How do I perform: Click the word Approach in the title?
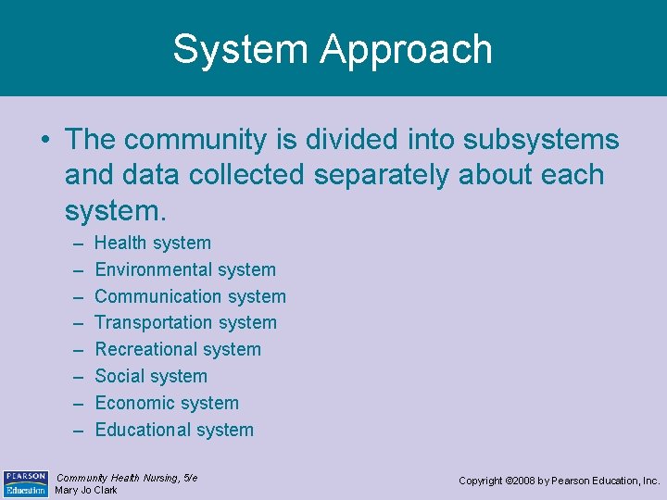coord(407,51)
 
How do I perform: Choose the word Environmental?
coord(153,269)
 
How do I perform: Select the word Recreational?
coord(145,349)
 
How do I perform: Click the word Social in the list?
coord(119,376)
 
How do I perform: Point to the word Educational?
coord(141,430)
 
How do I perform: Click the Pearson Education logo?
coord(25,483)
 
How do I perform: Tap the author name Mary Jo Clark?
coord(86,491)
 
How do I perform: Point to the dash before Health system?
coord(74,244)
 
